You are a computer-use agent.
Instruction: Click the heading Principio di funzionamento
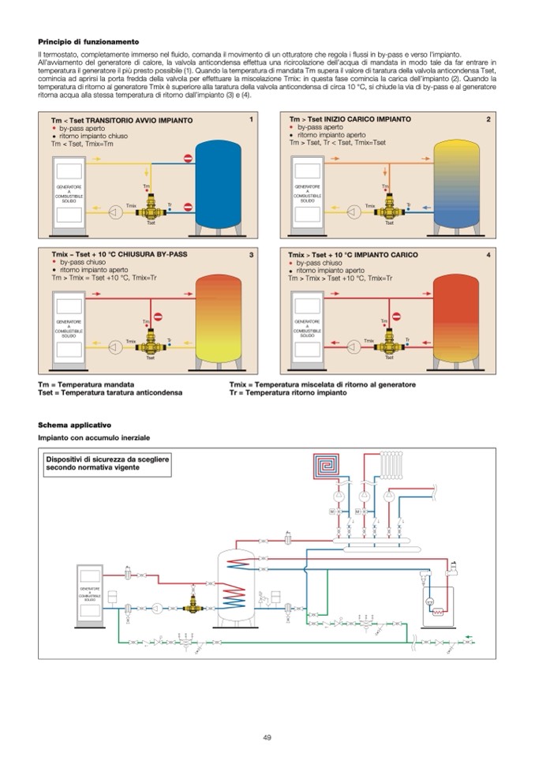point(88,41)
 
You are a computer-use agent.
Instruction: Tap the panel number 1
point(250,119)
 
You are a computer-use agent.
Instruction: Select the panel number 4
point(488,255)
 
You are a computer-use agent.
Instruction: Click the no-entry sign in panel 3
point(156,317)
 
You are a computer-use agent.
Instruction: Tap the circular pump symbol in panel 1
point(116,208)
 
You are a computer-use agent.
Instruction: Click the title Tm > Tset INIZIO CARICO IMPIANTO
point(350,119)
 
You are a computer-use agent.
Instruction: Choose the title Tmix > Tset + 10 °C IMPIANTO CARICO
point(353,255)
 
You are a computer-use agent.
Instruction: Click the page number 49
point(267,737)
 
